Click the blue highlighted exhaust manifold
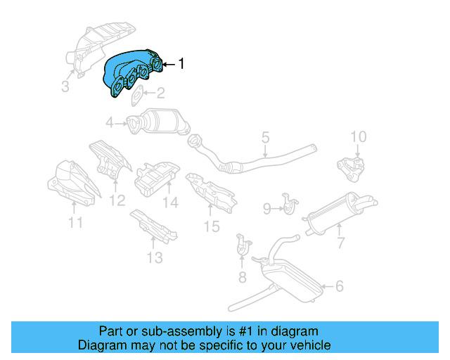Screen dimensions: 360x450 (134, 75)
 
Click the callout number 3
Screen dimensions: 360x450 (65, 86)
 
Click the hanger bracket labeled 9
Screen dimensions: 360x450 (289, 203)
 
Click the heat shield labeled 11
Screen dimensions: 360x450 (69, 185)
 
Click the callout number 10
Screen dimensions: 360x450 (359, 136)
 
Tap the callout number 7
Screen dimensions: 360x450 (340, 243)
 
